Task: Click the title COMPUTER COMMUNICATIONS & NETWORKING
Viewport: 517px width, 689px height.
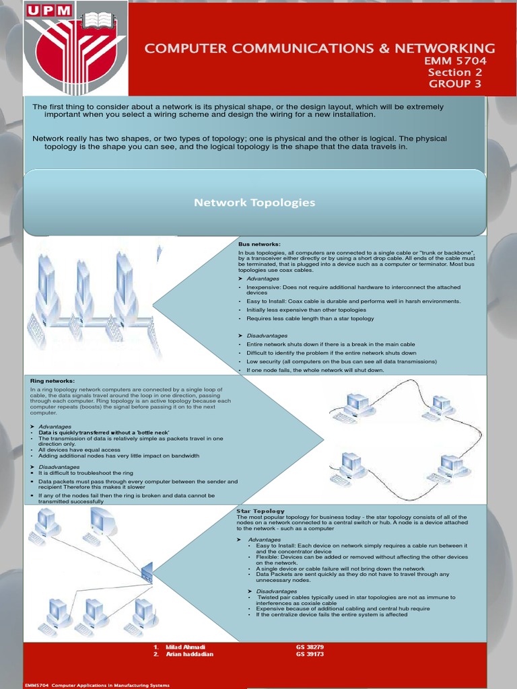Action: coord(320,48)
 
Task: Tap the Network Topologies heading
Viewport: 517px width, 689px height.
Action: coord(254,203)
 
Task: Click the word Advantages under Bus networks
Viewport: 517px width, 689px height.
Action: coord(262,279)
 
